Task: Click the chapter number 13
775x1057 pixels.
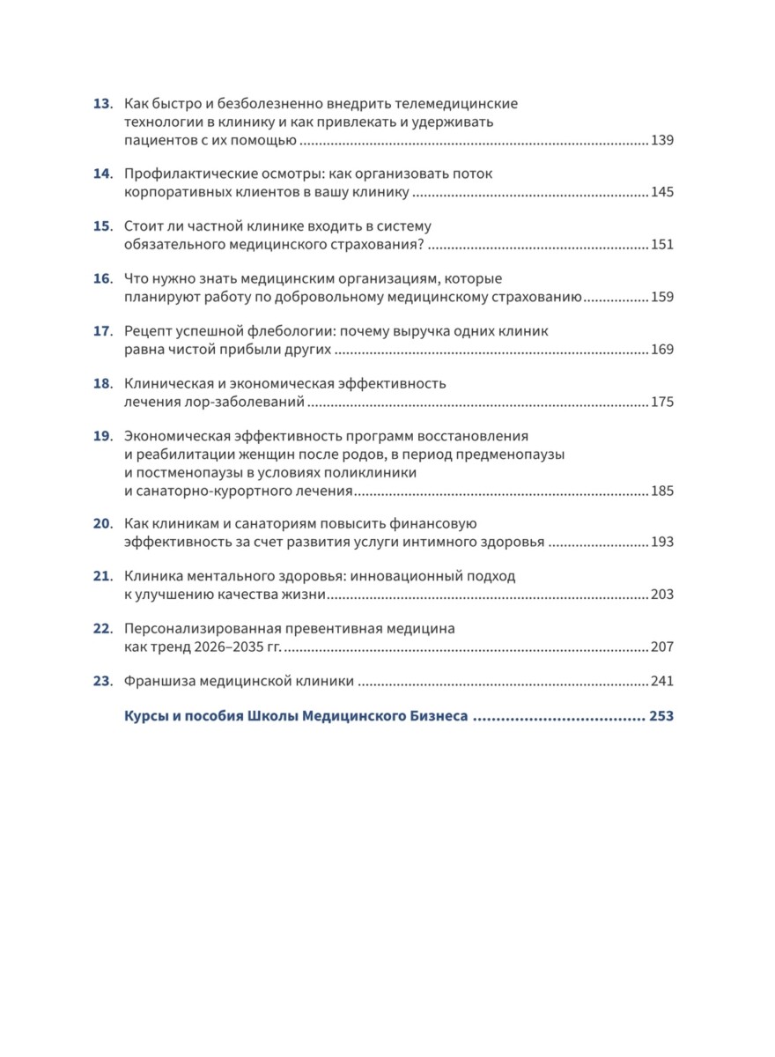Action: pyautogui.click(x=102, y=104)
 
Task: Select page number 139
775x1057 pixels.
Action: pyautogui.click(x=661, y=141)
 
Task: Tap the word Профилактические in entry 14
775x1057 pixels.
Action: pyautogui.click(x=180, y=174)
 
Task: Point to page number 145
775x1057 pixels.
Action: pyautogui.click(x=661, y=192)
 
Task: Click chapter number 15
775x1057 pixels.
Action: pyautogui.click(x=102, y=225)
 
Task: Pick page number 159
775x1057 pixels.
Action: pyautogui.click(x=661, y=297)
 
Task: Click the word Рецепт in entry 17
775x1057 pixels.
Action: pyautogui.click(x=150, y=331)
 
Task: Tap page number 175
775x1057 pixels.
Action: pyautogui.click(x=661, y=402)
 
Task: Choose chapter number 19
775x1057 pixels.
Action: pyautogui.click(x=102, y=436)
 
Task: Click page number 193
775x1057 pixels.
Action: pyautogui.click(x=661, y=543)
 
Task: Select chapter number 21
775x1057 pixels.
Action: pyautogui.click(x=102, y=576)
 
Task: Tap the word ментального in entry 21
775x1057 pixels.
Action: pyautogui.click(x=223, y=576)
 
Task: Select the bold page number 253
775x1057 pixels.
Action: pyautogui.click(x=661, y=717)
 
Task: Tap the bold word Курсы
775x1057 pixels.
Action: pyautogui.click(x=144, y=717)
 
